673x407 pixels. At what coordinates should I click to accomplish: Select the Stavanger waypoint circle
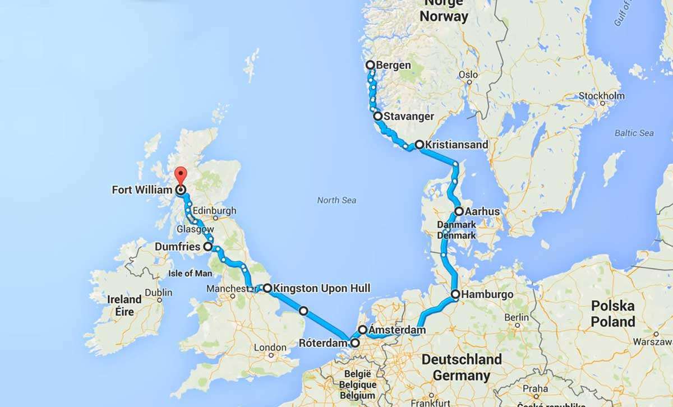tap(378, 116)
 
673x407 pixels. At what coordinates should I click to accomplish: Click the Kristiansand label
tap(456, 145)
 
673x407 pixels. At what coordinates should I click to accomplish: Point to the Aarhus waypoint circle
tap(459, 211)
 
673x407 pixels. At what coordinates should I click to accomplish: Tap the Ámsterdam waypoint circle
tap(363, 330)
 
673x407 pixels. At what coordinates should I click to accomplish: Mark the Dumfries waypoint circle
tap(208, 246)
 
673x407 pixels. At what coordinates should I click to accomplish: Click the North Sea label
tap(336, 200)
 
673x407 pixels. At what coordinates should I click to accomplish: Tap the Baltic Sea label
tap(634, 133)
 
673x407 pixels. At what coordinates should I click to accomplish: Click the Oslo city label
tap(468, 75)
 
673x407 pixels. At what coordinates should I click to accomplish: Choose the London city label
tap(270, 348)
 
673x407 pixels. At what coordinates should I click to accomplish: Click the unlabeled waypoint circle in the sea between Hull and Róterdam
tap(303, 310)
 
